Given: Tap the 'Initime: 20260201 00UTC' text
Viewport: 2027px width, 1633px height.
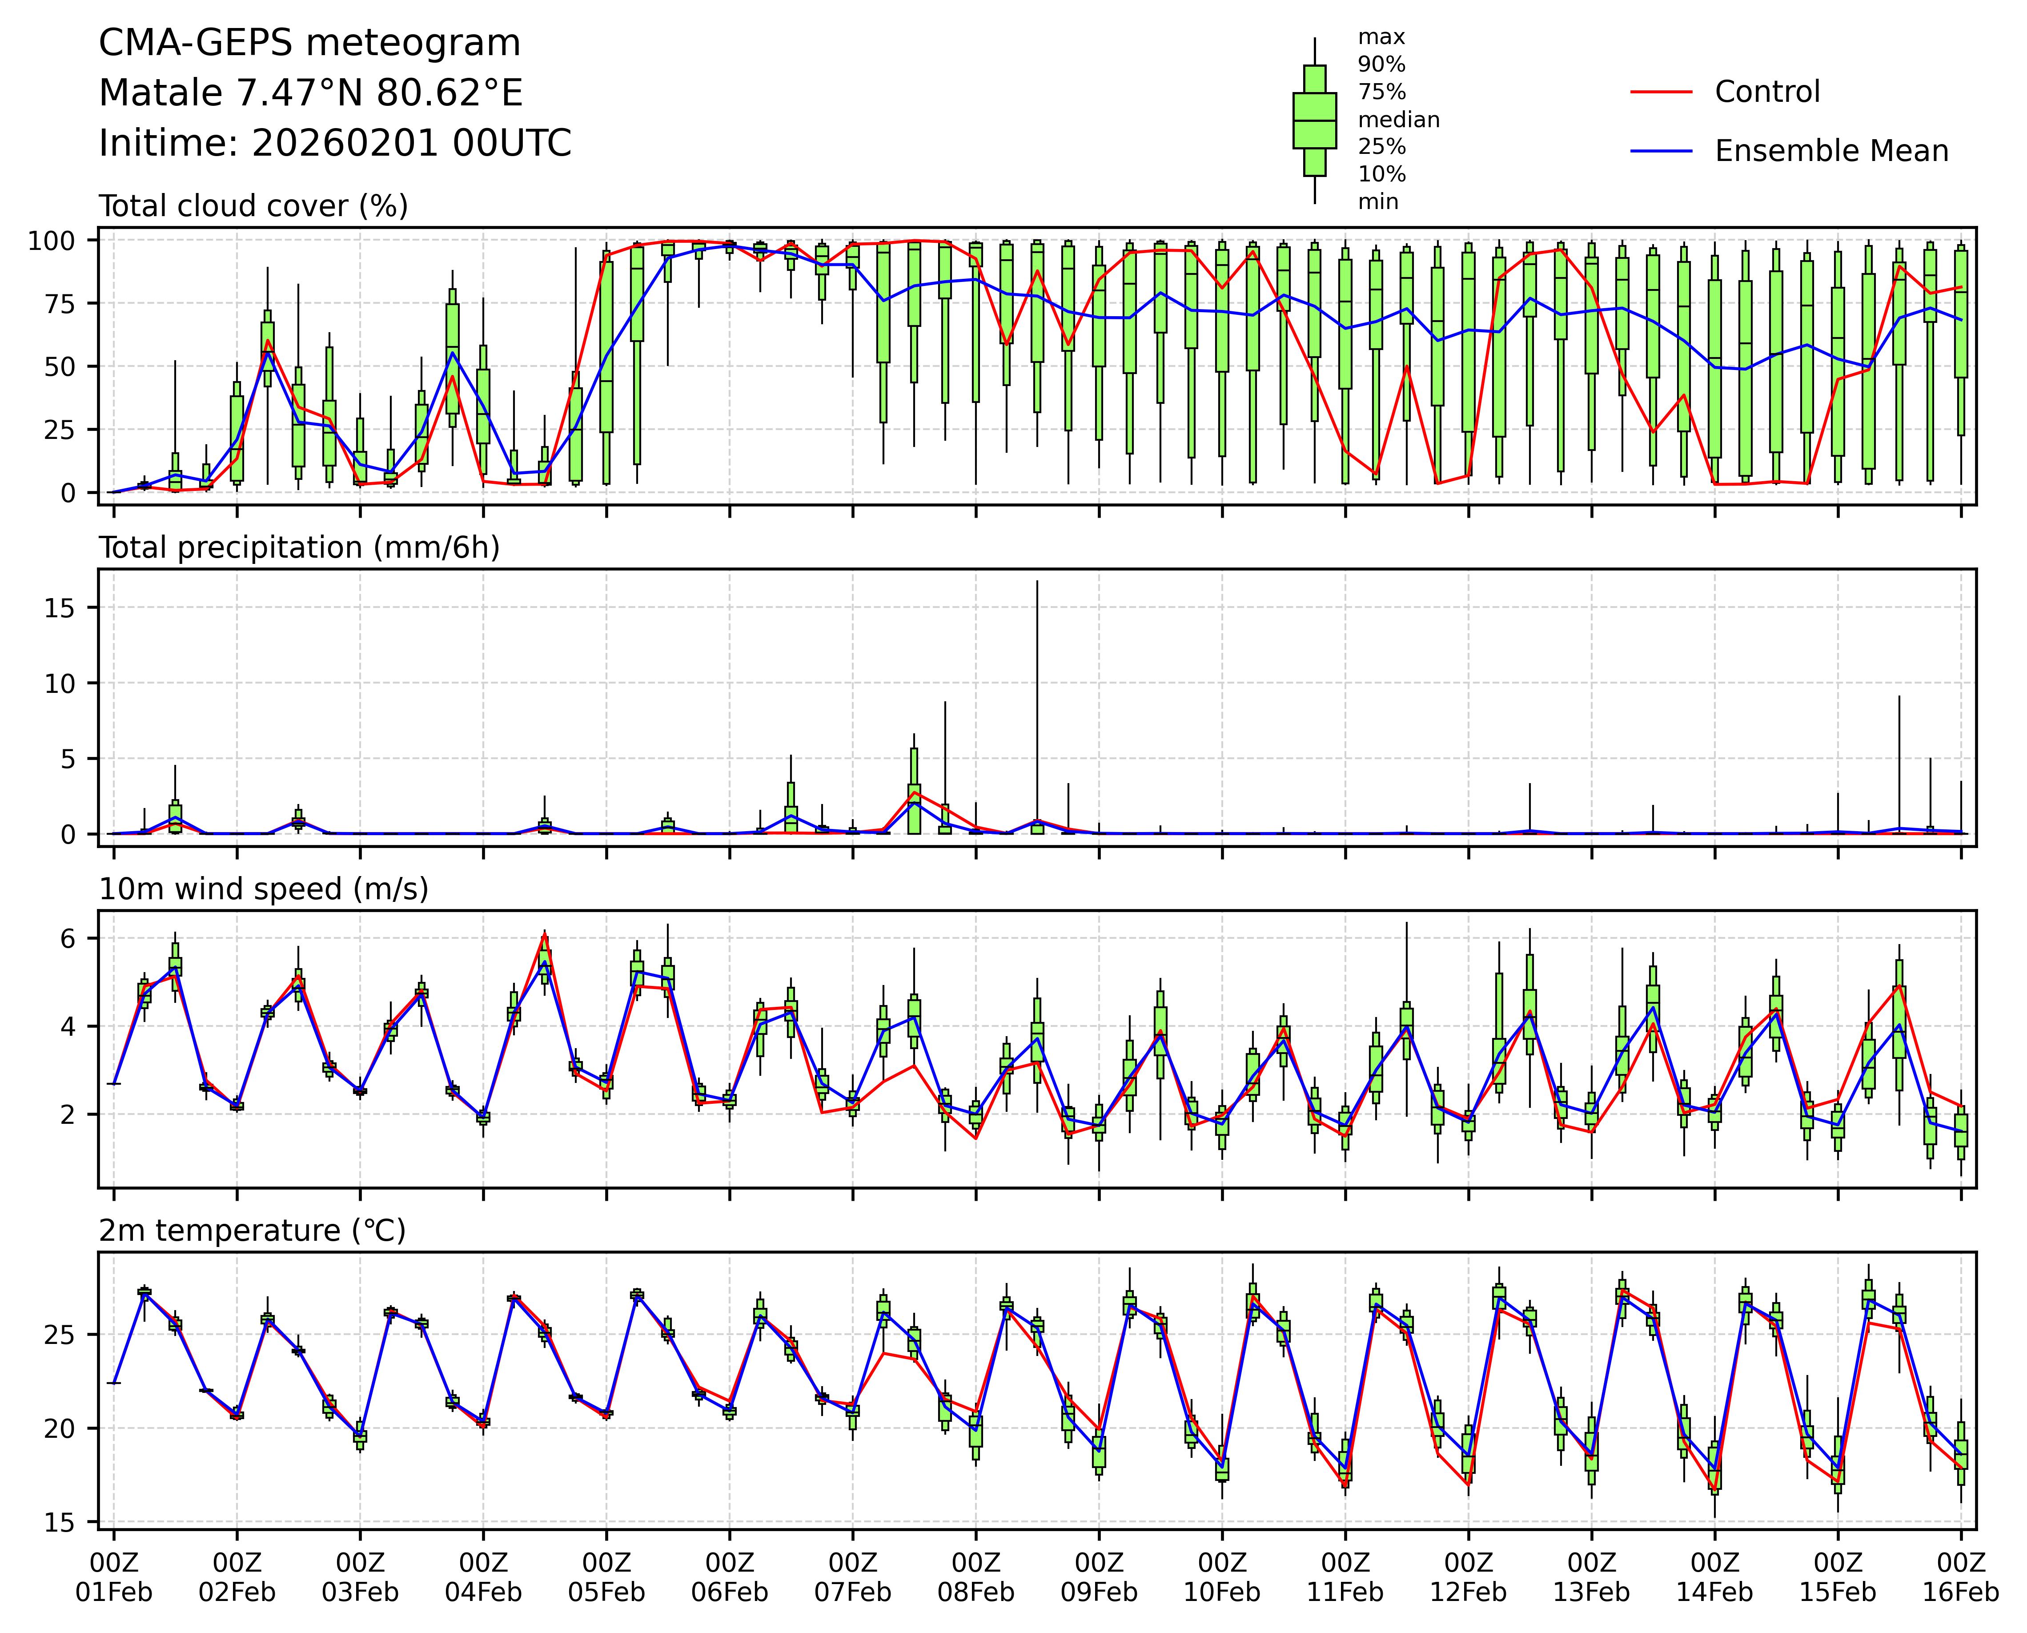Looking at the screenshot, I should point(335,143).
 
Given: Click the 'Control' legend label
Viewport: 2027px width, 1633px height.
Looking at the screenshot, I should point(1766,92).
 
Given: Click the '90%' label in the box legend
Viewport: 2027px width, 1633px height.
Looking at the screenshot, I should point(1381,65).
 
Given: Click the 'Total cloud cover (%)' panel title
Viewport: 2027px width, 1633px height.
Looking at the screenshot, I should point(253,206).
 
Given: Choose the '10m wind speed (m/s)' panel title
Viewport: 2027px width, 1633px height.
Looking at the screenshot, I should point(263,889).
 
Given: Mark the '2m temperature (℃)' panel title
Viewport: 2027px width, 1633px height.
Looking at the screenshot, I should point(252,1231).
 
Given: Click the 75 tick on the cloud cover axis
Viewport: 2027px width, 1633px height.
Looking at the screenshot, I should point(62,303).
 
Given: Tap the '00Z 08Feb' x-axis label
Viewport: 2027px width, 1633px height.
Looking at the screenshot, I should point(975,1577).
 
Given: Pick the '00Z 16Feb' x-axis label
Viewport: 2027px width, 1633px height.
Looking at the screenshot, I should point(1960,1577).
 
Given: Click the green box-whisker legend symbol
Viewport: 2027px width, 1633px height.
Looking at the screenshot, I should point(1314,121).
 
